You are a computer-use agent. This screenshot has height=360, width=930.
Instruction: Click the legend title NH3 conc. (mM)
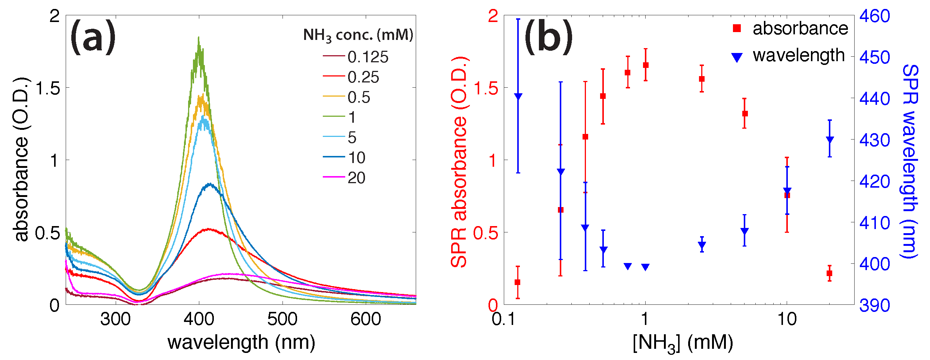[x=358, y=35]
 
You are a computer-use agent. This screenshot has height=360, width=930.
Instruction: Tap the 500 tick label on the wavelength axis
[x=282, y=319]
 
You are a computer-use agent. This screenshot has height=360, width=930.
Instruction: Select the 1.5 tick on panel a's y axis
[x=47, y=89]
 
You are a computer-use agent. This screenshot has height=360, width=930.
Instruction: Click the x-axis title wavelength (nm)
[x=241, y=342]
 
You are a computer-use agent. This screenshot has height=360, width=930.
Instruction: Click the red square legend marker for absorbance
[x=737, y=28]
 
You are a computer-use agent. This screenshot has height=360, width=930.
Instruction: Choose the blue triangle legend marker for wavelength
[x=737, y=57]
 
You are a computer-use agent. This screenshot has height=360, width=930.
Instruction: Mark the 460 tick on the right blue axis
[x=874, y=16]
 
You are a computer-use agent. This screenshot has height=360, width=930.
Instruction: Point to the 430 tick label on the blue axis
[x=874, y=140]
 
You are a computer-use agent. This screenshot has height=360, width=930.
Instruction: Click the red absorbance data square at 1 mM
[x=646, y=65]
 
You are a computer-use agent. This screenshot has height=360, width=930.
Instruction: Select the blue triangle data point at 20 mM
[x=830, y=140]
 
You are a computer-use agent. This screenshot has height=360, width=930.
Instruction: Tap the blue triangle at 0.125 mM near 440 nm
[x=518, y=96]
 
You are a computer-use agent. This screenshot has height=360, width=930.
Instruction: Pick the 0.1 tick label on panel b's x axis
[x=503, y=319]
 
